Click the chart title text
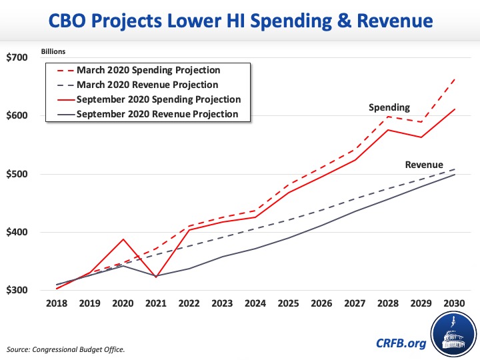(240, 22)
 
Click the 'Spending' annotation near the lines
(389, 107)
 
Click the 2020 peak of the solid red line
(123, 239)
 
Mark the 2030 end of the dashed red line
(454, 79)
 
